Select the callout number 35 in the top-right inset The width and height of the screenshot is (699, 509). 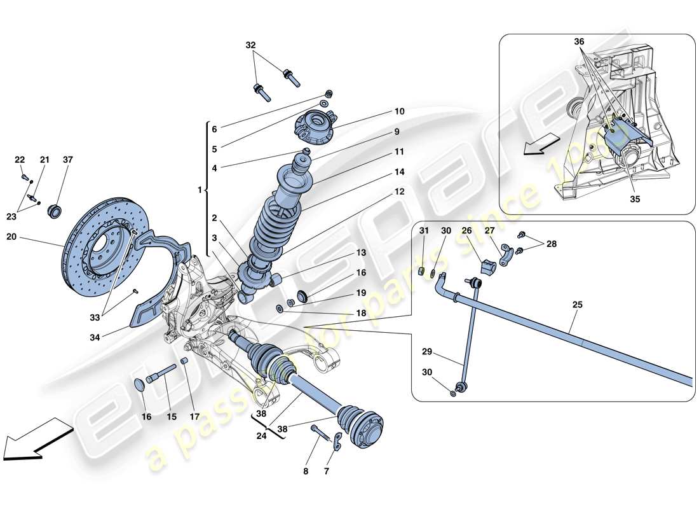point(635,199)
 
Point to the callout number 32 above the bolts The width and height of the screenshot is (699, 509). point(251,45)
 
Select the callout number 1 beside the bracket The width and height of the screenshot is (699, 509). point(200,190)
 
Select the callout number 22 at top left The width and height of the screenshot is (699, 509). point(19,159)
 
